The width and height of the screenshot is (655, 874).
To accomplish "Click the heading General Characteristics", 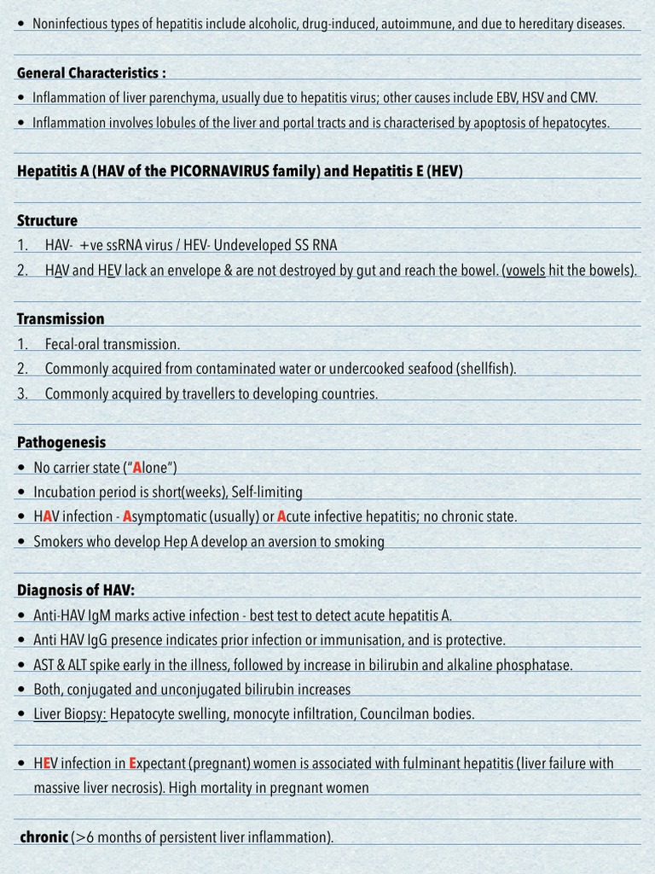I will click(x=92, y=73).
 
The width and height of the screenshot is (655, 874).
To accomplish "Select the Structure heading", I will click(x=47, y=220).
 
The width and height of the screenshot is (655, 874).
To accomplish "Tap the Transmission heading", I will click(x=61, y=318).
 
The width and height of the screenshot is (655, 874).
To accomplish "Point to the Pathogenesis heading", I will click(x=61, y=442).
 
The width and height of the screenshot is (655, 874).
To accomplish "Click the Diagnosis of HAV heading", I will click(x=76, y=590).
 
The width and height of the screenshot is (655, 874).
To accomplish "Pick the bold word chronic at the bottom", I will click(x=43, y=837).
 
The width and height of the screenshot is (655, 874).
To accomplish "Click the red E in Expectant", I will click(x=133, y=763).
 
